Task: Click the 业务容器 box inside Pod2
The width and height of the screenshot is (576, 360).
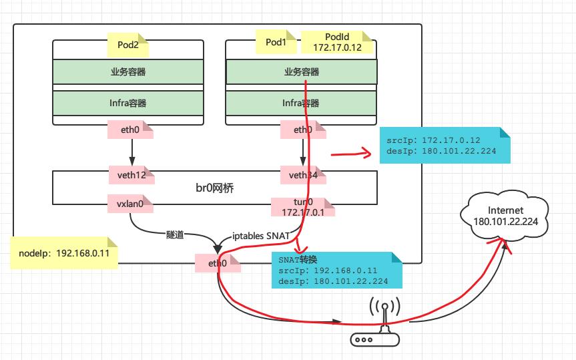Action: pyautogui.click(x=128, y=72)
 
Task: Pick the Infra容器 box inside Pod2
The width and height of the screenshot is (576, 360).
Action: pyautogui.click(x=128, y=103)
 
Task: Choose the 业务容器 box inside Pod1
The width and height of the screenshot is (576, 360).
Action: pyautogui.click(x=302, y=72)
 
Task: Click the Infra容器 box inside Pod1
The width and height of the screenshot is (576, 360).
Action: pyautogui.click(x=302, y=103)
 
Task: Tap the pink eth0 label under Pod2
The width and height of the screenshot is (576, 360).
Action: pyautogui.click(x=131, y=130)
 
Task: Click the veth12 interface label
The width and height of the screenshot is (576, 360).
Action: pyautogui.click(x=131, y=176)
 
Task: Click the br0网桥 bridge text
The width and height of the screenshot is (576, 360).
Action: pyautogui.click(x=214, y=190)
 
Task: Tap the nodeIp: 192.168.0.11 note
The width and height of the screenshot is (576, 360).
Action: pyautogui.click(x=65, y=253)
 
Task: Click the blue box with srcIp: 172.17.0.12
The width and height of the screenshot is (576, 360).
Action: pyautogui.click(x=444, y=146)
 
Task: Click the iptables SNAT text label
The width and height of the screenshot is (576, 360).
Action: pyautogui.click(x=260, y=236)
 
